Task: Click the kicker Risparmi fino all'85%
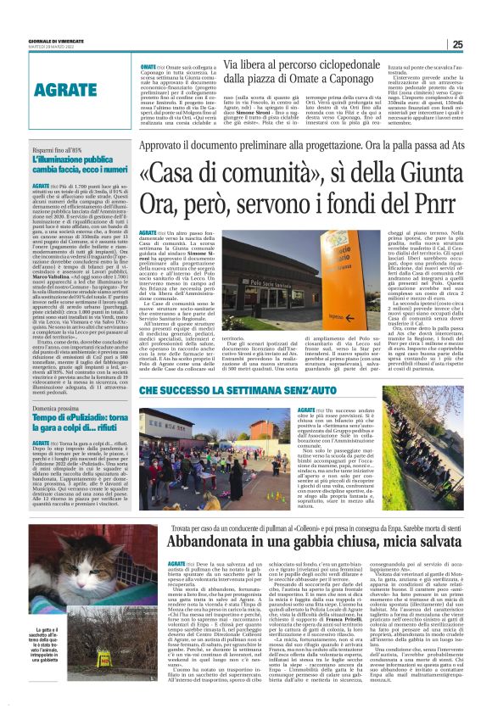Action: click(x=58, y=148)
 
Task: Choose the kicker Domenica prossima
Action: click(x=56, y=410)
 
